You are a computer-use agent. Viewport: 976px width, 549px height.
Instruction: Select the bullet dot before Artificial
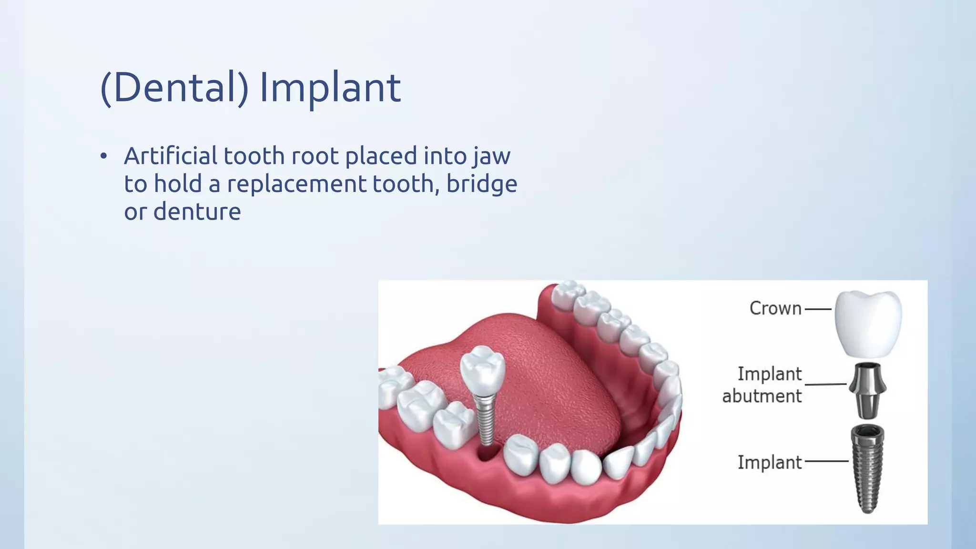pos(104,157)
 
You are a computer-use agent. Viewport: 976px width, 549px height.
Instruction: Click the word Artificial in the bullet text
pos(171,156)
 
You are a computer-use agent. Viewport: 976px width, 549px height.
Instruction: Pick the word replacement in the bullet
pos(296,184)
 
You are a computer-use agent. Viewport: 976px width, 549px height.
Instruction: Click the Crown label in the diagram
pos(775,308)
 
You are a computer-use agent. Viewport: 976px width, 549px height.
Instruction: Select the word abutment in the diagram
pos(762,396)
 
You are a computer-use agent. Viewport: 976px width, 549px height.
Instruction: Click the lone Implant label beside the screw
pos(770,462)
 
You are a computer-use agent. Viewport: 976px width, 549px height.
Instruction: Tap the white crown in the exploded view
pos(868,324)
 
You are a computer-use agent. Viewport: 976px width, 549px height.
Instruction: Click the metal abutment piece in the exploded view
pos(867,390)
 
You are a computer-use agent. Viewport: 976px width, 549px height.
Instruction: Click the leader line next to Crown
pos(818,309)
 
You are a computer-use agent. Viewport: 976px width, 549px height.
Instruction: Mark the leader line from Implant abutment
pos(825,384)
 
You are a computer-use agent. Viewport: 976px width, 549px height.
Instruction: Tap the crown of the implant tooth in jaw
pos(482,367)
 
